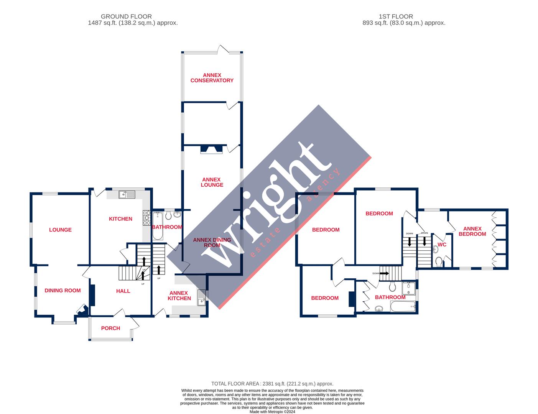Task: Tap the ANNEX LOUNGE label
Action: point(212,182)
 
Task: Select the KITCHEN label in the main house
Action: point(120,219)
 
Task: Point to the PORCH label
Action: point(110,328)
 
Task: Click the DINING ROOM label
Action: point(63,291)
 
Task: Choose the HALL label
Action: point(123,291)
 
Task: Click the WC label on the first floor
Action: point(442,245)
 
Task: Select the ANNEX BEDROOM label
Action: point(472,231)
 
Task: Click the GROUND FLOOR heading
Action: point(126,16)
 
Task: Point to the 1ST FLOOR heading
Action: point(396,16)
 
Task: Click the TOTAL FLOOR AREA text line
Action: point(272,383)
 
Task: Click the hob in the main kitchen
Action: point(147,217)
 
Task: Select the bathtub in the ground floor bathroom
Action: point(158,226)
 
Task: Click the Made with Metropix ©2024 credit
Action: point(272,412)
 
